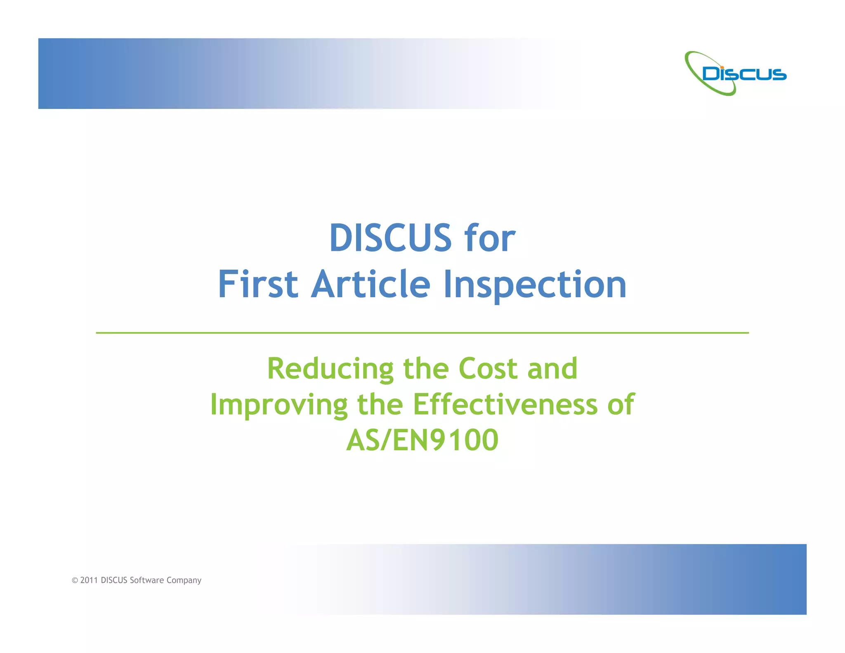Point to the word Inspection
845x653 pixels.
535,285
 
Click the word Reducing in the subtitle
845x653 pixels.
330,368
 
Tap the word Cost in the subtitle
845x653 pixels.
488,368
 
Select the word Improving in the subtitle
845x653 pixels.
279,405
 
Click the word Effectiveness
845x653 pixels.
505,404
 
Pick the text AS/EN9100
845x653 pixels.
422,440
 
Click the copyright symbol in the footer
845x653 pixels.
75,580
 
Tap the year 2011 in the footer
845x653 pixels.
89,580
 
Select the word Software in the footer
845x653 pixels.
146,580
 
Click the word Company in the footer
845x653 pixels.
184,581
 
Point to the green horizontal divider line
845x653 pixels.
422,333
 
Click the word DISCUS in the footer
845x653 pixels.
114,580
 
